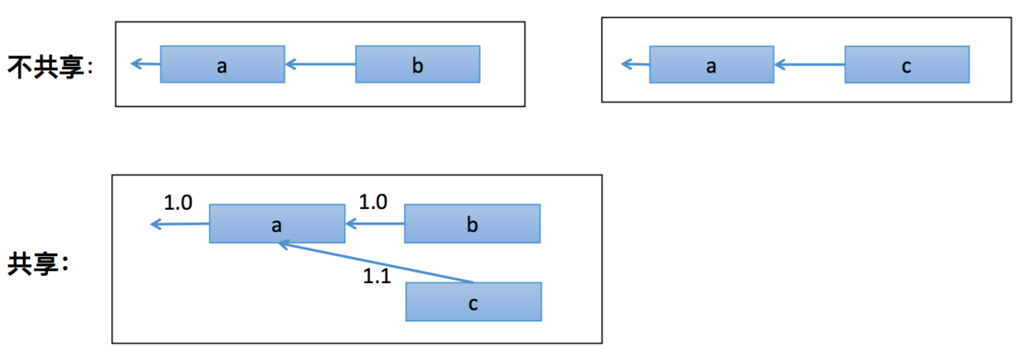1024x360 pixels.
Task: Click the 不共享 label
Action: [51, 65]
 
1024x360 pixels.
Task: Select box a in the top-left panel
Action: [222, 64]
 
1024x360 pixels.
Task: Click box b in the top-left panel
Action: [417, 64]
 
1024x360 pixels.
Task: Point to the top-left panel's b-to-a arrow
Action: [320, 64]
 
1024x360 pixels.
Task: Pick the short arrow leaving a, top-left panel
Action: [145, 64]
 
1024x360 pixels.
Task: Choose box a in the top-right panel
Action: [711, 64]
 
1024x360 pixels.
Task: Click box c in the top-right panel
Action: [906, 64]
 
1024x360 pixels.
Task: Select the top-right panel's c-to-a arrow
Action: [809, 64]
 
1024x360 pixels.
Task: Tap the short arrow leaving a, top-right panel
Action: [635, 64]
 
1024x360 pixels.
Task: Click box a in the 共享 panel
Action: [277, 224]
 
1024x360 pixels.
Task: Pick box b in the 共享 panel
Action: [472, 224]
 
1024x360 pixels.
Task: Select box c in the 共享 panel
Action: [473, 301]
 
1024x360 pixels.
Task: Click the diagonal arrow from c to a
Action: [376, 263]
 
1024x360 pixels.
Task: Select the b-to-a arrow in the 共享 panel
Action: [375, 224]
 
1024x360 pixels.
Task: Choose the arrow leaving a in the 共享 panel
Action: [178, 224]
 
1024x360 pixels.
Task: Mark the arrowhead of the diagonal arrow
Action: [282, 244]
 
